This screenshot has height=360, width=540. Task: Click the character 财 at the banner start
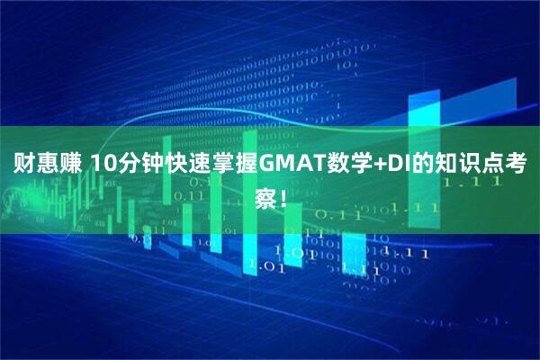click(x=23, y=165)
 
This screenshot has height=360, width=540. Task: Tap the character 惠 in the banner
click(x=47, y=165)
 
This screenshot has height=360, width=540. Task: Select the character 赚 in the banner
click(x=70, y=165)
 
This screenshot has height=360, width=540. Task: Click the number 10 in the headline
click(x=104, y=165)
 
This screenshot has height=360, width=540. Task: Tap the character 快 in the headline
click(x=175, y=165)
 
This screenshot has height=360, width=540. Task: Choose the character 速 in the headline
click(x=198, y=165)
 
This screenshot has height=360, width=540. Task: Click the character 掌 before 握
click(x=221, y=165)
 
